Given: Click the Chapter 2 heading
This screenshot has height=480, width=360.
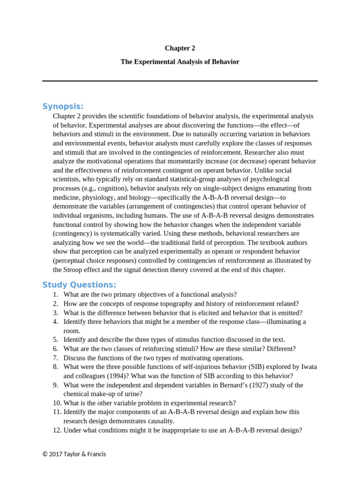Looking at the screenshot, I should tap(180, 48).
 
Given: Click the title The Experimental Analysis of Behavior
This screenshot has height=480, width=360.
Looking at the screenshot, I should tap(180, 62).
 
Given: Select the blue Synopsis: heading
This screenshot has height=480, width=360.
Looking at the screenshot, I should tap(63, 106).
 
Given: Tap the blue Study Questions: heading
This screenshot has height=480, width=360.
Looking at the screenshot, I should tap(79, 285).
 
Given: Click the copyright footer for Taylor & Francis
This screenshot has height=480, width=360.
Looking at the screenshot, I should tap(74, 454).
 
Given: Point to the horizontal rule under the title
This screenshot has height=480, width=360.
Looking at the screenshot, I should tap(180, 81).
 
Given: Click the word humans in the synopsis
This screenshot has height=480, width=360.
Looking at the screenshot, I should tap(153, 216).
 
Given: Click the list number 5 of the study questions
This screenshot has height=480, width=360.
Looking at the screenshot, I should tap(55, 339).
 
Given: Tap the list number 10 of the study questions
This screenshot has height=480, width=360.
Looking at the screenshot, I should tap(57, 403).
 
